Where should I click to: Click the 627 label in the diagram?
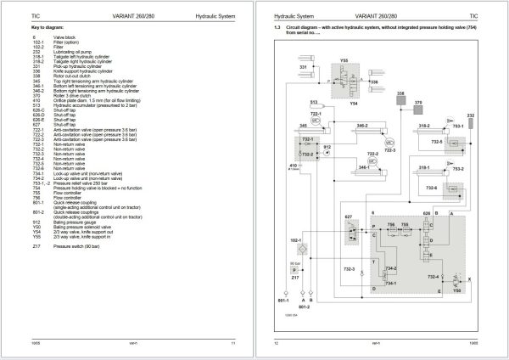click(x=347, y=217)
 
